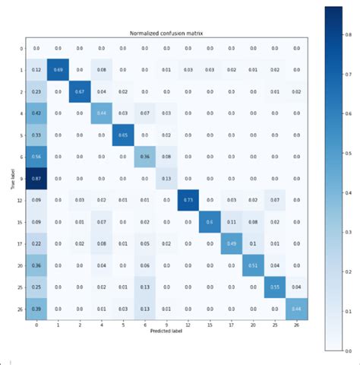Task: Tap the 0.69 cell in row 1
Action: pyautogui.click(x=58, y=70)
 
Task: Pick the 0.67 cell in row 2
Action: pyautogui.click(x=80, y=91)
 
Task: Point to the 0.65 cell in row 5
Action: pyautogui.click(x=123, y=135)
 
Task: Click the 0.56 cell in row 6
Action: pyautogui.click(x=36, y=157)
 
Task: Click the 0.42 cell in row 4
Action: pyautogui.click(x=36, y=113)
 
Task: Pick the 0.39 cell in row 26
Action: pyautogui.click(x=36, y=308)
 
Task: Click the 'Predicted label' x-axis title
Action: pyautogui.click(x=166, y=333)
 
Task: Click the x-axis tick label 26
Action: pyautogui.click(x=297, y=325)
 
